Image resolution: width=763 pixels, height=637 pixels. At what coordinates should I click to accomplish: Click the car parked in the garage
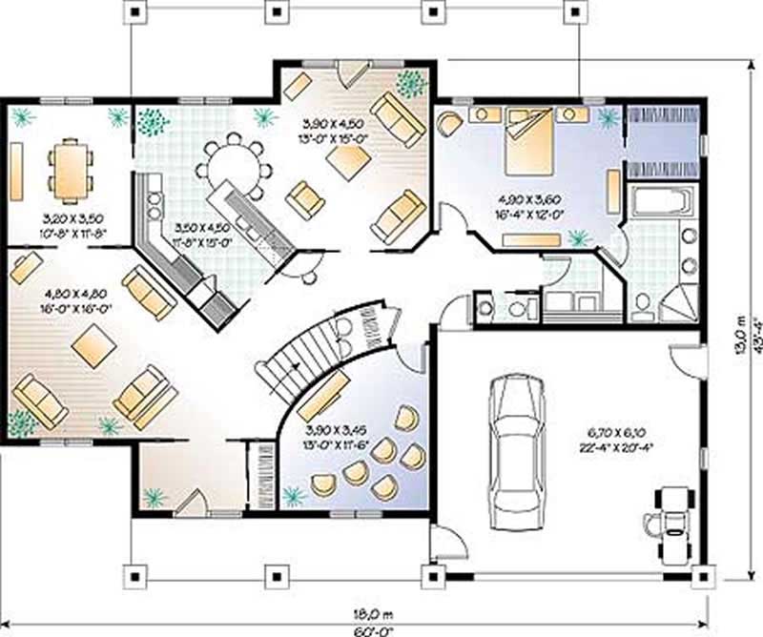coord(515,447)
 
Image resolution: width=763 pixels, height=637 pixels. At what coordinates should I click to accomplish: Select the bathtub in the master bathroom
coord(661,203)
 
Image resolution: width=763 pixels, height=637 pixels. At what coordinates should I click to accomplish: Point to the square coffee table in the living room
coord(93,343)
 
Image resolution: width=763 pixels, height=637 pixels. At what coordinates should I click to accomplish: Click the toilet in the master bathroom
coord(643,303)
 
